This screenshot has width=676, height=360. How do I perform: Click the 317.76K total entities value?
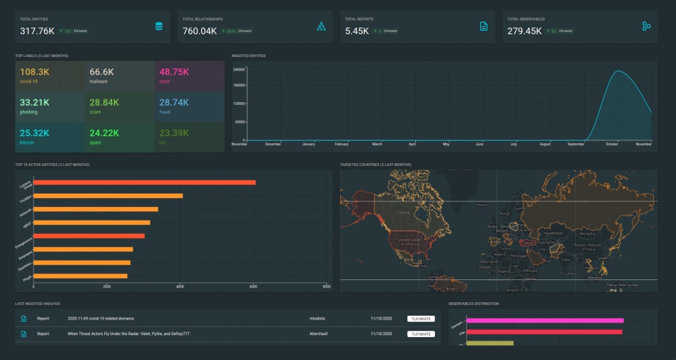tap(38, 31)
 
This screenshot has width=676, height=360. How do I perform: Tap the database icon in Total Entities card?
tap(159, 26)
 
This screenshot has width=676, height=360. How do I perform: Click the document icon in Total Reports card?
tap(483, 26)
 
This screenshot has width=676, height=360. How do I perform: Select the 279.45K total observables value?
tap(524, 31)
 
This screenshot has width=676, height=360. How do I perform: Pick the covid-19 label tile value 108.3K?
tap(34, 72)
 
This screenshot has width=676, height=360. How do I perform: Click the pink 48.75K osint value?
tap(173, 72)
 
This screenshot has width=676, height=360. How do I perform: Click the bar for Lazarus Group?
tap(144, 182)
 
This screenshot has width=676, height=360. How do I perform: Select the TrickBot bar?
tap(108, 195)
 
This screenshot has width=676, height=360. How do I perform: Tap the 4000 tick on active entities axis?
tap(179, 287)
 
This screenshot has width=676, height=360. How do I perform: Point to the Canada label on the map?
tap(403, 212)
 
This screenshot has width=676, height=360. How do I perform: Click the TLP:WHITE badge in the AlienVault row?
tap(421, 333)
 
